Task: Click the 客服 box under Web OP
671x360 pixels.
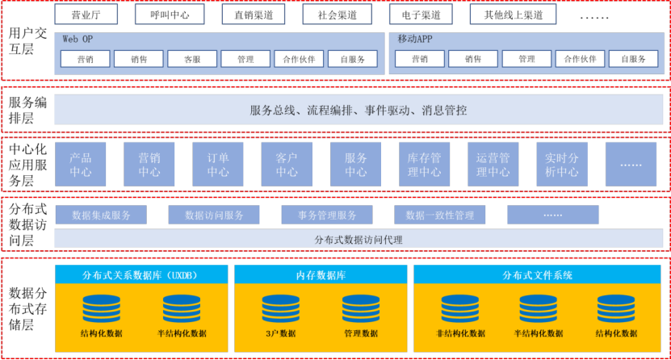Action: [x=192, y=59]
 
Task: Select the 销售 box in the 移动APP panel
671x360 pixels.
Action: [x=473, y=59]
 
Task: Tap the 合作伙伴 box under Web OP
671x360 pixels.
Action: [x=299, y=59]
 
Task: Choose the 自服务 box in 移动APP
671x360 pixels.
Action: [x=633, y=59]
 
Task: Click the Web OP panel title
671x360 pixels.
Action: [x=78, y=39]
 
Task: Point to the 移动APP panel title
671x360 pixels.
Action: [x=415, y=39]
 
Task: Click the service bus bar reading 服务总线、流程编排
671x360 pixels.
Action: [x=359, y=110]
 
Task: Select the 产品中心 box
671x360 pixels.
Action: [x=81, y=165]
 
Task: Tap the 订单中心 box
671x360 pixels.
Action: [x=218, y=165]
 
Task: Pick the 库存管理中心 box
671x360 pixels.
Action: [x=424, y=165]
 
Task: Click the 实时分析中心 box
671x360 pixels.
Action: [x=561, y=165]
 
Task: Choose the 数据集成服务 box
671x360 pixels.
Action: [x=101, y=215]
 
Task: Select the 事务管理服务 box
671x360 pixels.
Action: [x=327, y=215]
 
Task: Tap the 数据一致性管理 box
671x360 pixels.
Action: [x=440, y=215]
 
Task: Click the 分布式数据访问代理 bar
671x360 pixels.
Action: [x=359, y=239]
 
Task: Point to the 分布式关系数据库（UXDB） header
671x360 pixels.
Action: [x=141, y=274]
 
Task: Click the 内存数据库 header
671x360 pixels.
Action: [x=321, y=274]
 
